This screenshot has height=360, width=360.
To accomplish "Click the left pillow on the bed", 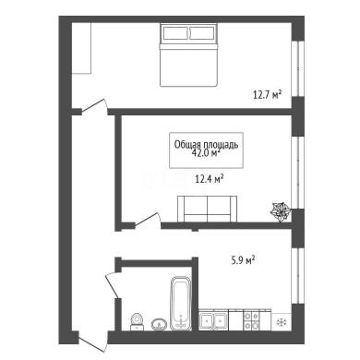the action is [175, 33].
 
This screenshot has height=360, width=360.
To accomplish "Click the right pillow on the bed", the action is [202, 33].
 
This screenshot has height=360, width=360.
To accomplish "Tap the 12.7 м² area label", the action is [268, 94].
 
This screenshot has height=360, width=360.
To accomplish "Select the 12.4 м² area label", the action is [210, 178].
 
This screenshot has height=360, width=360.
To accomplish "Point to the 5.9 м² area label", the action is [243, 260].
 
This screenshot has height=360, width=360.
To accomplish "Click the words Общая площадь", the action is [206, 144].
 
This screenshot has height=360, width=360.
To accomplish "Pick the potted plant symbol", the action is [280, 211].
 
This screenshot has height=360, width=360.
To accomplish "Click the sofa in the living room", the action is [208, 209].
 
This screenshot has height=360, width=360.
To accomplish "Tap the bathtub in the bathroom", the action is [181, 304].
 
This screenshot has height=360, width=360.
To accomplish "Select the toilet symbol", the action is [137, 322].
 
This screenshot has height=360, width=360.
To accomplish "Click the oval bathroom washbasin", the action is [159, 324].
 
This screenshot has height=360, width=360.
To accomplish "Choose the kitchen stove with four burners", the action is [251, 320].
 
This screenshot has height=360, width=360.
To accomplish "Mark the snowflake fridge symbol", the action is [282, 322].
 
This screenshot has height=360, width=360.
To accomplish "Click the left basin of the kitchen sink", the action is [206, 321].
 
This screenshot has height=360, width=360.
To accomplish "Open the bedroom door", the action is [94, 107].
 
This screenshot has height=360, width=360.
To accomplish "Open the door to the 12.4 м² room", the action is [148, 221].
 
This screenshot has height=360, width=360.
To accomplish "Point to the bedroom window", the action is [298, 68].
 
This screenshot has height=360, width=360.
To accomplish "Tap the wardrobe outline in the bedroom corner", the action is [81, 48].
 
